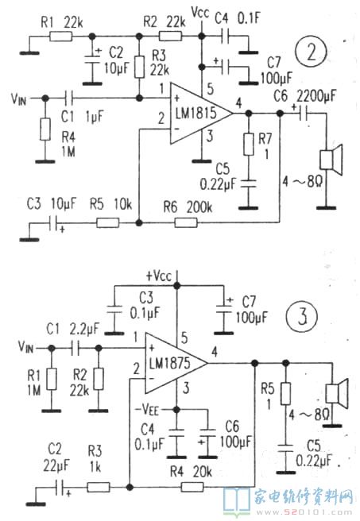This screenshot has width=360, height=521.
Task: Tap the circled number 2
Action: coord(311,52)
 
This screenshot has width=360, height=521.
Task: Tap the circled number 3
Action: coord(302,316)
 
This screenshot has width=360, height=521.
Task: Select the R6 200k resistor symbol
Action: coord(186,222)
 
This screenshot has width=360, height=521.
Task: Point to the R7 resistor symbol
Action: coord(248,145)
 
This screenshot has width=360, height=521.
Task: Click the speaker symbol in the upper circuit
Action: coord(331,160)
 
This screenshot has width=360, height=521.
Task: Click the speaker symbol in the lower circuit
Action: coord(336,393)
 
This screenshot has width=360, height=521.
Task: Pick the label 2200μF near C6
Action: coord(316,96)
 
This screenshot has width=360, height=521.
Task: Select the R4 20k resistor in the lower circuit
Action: coord(192,488)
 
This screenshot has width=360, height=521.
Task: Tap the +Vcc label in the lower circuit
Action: coord(159,276)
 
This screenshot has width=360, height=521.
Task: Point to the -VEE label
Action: coord(146,409)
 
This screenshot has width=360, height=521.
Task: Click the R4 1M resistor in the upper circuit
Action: coord(45,129)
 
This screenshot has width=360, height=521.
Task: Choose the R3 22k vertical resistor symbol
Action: coord(140,67)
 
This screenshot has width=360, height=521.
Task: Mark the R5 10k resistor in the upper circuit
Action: coord(108,222)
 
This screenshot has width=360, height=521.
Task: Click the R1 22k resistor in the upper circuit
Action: coord(61,37)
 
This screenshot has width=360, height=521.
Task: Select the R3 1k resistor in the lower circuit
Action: coord(99,488)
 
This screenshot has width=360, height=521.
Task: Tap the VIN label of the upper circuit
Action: coord(18,98)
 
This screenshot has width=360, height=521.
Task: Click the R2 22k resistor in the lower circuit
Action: coord(99,379)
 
